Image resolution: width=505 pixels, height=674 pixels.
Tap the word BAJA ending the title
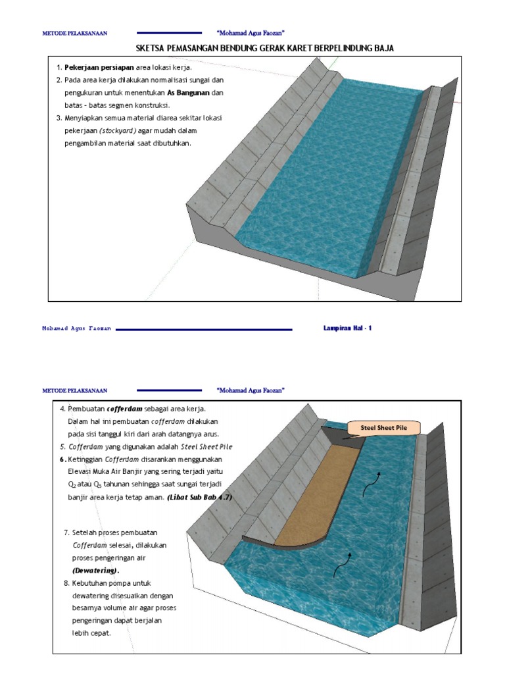pyautogui.click(x=383, y=49)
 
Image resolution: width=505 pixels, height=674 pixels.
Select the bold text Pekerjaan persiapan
pyautogui.click(x=99, y=68)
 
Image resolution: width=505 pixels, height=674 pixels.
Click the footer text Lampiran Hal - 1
pyautogui.click(x=348, y=328)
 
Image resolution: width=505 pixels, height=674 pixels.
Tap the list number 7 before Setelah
pyautogui.click(x=66, y=532)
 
